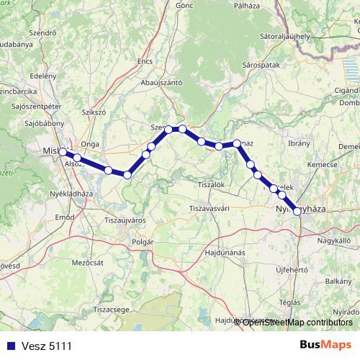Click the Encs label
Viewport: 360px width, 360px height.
145,62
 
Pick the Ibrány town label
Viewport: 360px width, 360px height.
298,143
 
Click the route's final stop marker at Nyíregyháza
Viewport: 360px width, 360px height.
297,211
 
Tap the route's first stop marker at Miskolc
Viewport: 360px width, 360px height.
63,152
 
